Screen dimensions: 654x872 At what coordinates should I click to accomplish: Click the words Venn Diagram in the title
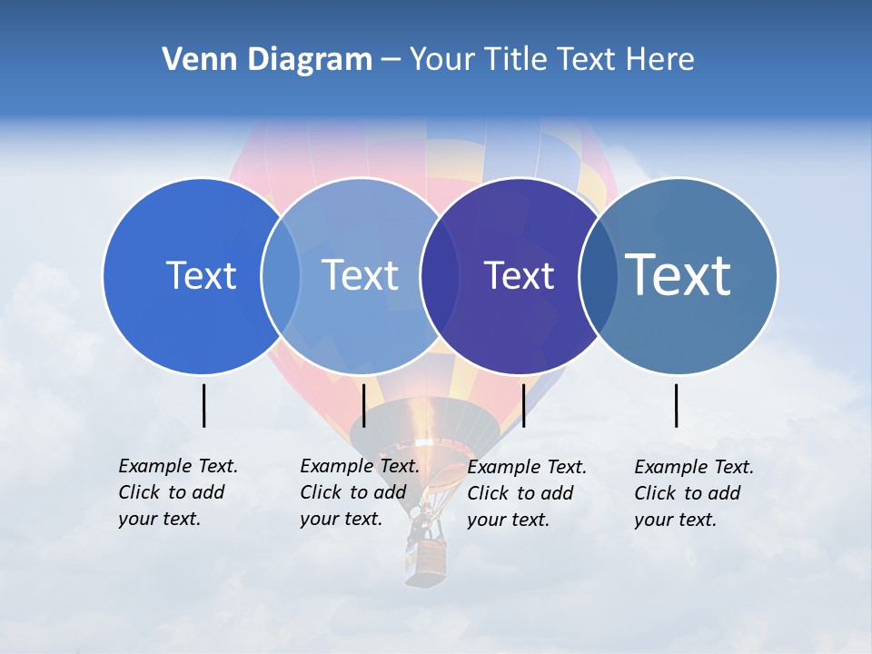tap(267, 60)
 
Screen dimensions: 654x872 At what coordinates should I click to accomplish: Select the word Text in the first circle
tap(201, 275)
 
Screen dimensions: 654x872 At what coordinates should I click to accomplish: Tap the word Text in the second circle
tap(360, 275)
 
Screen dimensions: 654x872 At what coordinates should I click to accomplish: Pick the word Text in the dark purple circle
tap(519, 275)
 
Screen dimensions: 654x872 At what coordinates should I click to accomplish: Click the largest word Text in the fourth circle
tap(679, 274)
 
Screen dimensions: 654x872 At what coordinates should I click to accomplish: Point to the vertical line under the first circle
tap(204, 405)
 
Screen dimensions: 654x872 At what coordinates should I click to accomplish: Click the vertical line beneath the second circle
tap(363, 405)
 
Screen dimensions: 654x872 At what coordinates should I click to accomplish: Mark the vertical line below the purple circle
tap(523, 405)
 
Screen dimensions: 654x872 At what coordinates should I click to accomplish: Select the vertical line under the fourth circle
tap(677, 405)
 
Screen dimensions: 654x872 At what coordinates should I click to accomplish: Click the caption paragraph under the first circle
tap(178, 492)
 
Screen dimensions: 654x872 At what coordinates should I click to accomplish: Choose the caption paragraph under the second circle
tap(360, 492)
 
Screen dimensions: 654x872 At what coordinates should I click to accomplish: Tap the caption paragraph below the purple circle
tap(527, 493)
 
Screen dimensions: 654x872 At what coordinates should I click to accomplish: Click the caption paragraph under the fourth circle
tap(694, 493)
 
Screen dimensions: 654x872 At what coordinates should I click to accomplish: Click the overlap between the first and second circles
tap(281, 275)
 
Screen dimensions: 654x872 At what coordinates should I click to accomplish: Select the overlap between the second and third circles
tap(440, 275)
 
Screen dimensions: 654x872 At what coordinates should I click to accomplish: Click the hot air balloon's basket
tap(426, 559)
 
